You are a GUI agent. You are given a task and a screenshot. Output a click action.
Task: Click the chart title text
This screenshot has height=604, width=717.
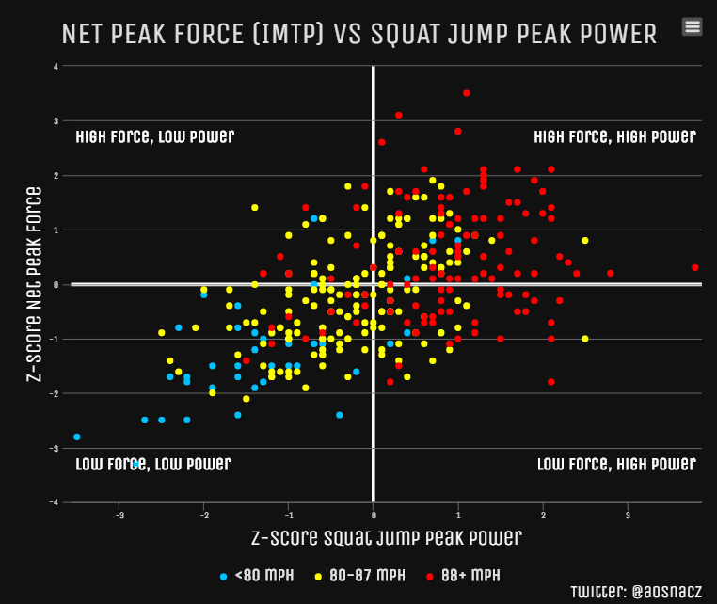(358, 35)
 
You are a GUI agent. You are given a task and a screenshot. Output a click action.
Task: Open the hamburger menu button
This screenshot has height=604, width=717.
(693, 26)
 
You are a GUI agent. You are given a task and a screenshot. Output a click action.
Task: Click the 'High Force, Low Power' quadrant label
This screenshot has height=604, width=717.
(154, 136)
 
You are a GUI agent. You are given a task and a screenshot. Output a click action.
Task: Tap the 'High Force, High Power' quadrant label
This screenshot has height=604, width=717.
(614, 136)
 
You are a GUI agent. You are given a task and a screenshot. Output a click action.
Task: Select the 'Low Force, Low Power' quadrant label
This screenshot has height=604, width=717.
(152, 464)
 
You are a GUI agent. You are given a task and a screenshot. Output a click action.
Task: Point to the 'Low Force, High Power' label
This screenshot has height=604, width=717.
(616, 464)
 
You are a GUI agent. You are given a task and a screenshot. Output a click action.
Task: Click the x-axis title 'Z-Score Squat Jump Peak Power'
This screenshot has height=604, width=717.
(386, 538)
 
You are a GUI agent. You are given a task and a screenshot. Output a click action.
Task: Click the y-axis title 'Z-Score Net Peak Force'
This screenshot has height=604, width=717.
(34, 284)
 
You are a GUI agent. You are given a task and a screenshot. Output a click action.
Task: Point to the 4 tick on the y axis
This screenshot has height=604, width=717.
(56, 67)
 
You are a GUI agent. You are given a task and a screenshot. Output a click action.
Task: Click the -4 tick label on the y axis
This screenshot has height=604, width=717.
(56, 502)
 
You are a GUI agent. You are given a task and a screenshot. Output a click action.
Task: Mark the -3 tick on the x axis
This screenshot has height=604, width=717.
(119, 515)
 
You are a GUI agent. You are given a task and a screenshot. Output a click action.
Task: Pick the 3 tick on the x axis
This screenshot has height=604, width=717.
(628, 515)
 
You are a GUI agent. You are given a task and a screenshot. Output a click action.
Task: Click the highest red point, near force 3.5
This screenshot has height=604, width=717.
(467, 93)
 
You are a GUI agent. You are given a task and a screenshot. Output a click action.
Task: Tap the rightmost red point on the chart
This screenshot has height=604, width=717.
(695, 268)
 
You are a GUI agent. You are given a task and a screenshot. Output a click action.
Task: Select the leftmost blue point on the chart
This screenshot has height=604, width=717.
(77, 437)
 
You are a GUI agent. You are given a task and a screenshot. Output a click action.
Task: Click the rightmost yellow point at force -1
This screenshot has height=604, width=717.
(585, 339)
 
